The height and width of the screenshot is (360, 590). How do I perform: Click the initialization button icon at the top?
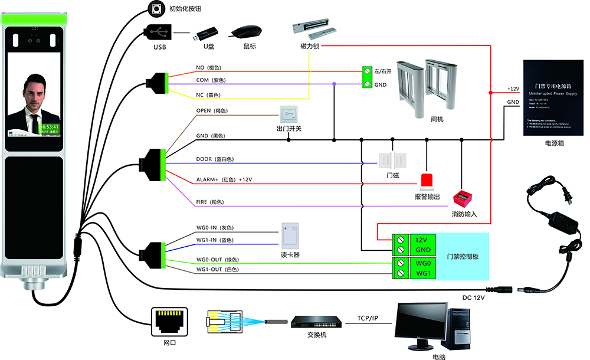156,8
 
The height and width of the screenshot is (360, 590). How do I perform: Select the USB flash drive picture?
208,34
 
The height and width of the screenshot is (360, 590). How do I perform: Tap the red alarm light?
426,181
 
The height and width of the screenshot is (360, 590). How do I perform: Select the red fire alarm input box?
464,198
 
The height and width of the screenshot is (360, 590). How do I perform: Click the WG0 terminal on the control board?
424,263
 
